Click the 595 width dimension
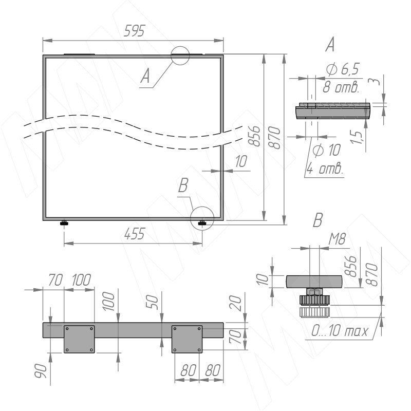pyautogui.click(x=134, y=31)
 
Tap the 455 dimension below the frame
pyautogui.click(x=135, y=234)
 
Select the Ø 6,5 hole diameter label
pyautogui.click(x=343, y=69)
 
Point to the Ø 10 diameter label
pyautogui.click(x=327, y=150)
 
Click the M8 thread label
pyautogui.click(x=338, y=239)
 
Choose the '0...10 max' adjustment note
pyautogui.click(x=340, y=331)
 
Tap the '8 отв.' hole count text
pyautogui.click(x=341, y=87)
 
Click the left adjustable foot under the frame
pyautogui.click(x=64, y=223)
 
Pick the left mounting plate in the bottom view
pyautogui.click(x=79, y=339)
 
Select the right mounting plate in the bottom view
pyautogui.click(x=187, y=339)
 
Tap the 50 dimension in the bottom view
pyautogui.click(x=153, y=303)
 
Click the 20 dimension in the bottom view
pyautogui.click(x=236, y=303)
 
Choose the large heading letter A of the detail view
pyautogui.click(x=330, y=44)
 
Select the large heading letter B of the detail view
pyautogui.click(x=318, y=220)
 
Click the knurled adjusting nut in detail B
pyautogui.click(x=314, y=300)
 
